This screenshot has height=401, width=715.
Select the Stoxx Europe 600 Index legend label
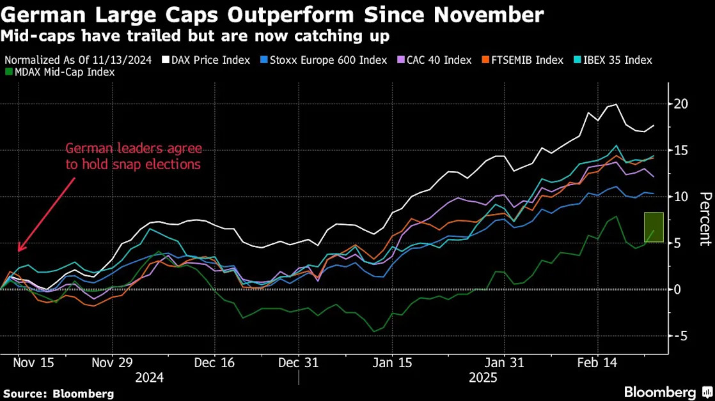click(x=327, y=60)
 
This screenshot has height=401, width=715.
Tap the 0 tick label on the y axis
click(x=681, y=289)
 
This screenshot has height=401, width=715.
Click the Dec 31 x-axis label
click(x=298, y=363)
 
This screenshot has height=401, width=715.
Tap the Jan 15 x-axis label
click(x=393, y=363)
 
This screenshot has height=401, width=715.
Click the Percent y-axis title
click(x=704, y=218)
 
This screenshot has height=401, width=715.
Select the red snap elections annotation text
click(x=133, y=156)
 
